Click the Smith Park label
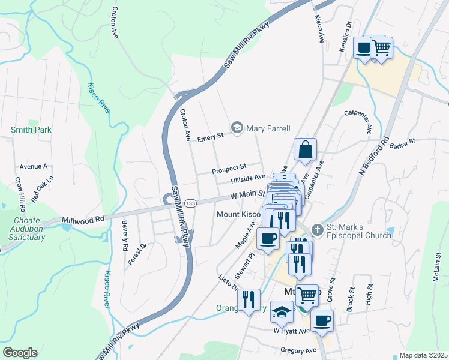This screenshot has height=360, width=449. [31, 130]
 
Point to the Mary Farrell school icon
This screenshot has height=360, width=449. [237, 128]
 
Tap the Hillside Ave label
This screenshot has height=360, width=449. [248, 178]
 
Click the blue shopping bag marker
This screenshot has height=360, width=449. [305, 150]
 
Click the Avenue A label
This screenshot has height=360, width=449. [33, 166]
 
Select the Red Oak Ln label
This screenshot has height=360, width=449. [43, 183]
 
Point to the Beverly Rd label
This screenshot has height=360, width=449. [125, 236]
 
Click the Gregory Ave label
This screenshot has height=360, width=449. [298, 350]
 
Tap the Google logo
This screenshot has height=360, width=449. [20, 353]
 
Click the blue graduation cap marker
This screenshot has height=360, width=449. [281, 312]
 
